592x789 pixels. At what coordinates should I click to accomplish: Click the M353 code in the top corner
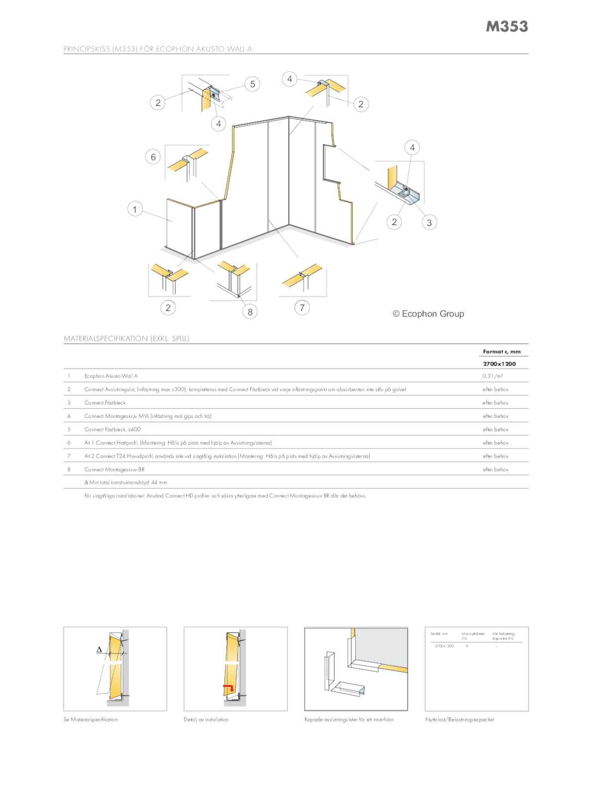pyautogui.click(x=506, y=26)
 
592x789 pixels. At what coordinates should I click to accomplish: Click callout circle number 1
pyautogui.click(x=134, y=209)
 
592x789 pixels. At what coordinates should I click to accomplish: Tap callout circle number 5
pyautogui.click(x=252, y=84)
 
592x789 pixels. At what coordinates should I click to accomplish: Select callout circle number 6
pyautogui.click(x=153, y=157)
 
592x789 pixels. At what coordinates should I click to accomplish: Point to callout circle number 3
pyautogui.click(x=429, y=222)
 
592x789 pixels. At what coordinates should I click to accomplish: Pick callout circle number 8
pyautogui.click(x=250, y=312)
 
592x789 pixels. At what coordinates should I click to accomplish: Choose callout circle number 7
pyautogui.click(x=302, y=307)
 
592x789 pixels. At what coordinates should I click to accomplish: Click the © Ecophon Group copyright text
pyautogui.click(x=428, y=314)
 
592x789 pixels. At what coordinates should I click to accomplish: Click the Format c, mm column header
pyautogui.click(x=501, y=351)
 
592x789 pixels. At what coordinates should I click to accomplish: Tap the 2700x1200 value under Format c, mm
pyautogui.click(x=499, y=364)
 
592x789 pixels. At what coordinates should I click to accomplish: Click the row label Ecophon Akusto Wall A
pyautogui.click(x=111, y=376)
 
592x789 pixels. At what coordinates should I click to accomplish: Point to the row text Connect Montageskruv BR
pyautogui.click(x=114, y=469)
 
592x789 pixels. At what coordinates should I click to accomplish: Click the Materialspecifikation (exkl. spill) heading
pyautogui.click(x=126, y=338)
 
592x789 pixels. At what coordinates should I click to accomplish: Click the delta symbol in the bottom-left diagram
pyautogui.click(x=99, y=649)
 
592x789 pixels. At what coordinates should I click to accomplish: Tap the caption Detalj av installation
pyautogui.click(x=206, y=719)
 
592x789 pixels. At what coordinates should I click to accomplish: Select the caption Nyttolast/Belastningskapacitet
pyautogui.click(x=460, y=719)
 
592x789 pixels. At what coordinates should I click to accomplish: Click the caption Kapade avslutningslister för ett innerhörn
pyautogui.click(x=349, y=719)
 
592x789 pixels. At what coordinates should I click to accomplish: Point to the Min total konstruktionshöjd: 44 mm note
pyautogui.click(x=126, y=482)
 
